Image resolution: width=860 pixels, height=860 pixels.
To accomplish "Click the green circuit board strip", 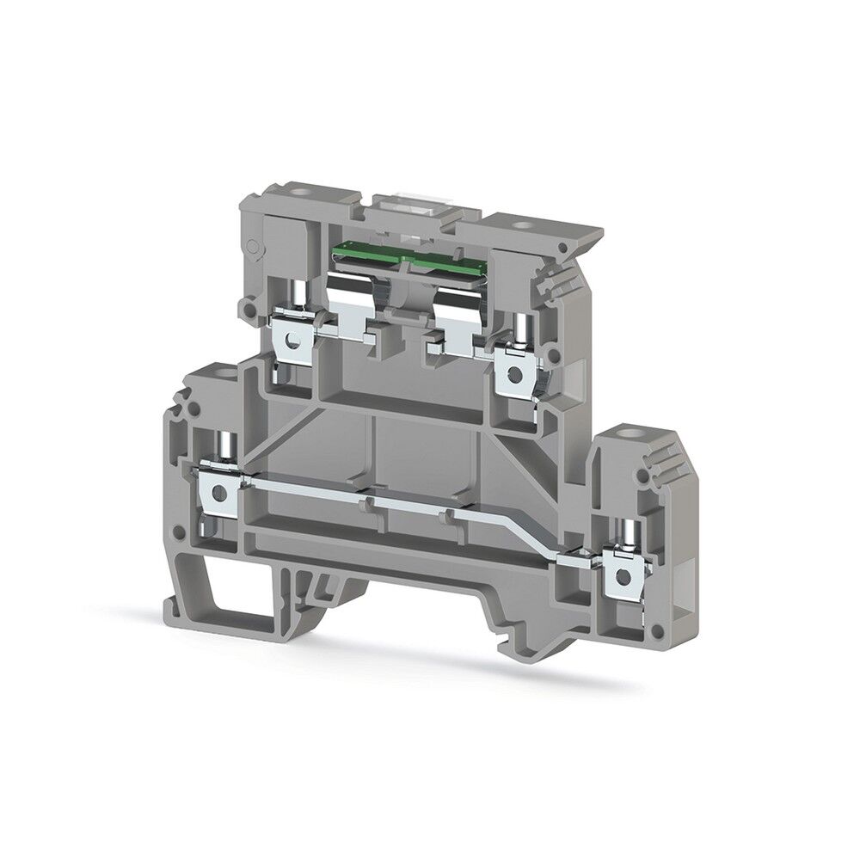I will (x=404, y=255).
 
